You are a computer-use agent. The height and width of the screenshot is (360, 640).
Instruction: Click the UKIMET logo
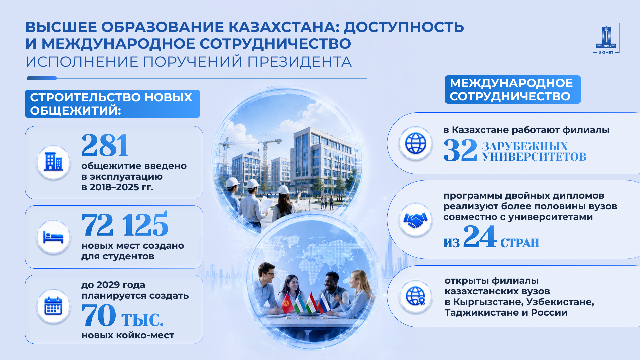point(606,38)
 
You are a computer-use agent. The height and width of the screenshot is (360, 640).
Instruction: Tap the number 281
point(105,145)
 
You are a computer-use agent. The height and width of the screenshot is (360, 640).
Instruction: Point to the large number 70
point(99,315)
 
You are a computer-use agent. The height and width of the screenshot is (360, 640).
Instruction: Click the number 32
point(460,150)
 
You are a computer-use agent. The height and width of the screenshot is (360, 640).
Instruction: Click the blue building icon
point(53,162)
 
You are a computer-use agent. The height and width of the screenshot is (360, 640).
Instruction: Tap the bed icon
point(53,237)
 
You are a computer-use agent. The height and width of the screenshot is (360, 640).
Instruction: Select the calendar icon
point(53,306)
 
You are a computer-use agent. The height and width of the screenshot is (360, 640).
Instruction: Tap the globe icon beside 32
point(415,143)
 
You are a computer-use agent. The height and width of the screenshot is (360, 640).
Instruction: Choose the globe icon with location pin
point(416,296)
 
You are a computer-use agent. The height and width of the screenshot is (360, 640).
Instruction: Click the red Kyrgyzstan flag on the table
point(287,303)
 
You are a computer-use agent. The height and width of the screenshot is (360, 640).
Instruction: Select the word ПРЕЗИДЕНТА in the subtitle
point(299,62)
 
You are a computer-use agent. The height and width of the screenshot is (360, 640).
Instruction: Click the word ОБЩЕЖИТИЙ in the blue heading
point(75,111)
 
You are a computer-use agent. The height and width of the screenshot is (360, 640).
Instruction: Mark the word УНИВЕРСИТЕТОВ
point(534,157)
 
